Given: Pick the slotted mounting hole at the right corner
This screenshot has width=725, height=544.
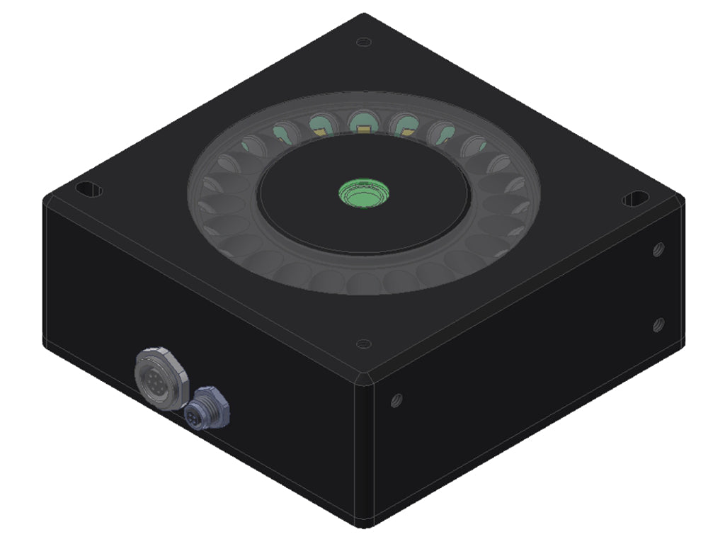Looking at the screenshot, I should pyautogui.click(x=635, y=199).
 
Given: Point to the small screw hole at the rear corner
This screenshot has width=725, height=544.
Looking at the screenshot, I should pyautogui.click(x=363, y=42).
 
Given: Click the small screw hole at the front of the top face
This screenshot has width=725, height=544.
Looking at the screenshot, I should pyautogui.click(x=363, y=344).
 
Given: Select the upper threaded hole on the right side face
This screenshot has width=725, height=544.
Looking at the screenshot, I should pyautogui.click(x=658, y=249).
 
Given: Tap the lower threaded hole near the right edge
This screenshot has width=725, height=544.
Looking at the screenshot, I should pyautogui.click(x=658, y=324).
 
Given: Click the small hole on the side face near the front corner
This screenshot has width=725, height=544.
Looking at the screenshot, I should pyautogui.click(x=396, y=400).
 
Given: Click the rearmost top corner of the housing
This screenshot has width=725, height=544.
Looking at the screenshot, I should pyautogui.click(x=363, y=15).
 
